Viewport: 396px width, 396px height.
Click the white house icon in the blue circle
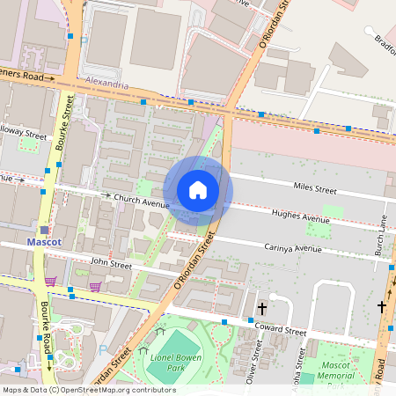pos(198,190)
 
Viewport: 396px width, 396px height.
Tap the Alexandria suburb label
pos(108,85)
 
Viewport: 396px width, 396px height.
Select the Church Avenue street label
pos(141,202)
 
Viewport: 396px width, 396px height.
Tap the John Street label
pos(110,263)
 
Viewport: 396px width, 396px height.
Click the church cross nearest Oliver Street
pos(261,309)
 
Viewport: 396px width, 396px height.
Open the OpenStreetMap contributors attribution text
pos(88,389)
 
